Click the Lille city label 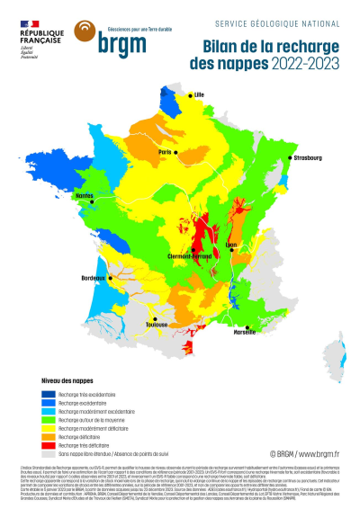(x=199, y=93)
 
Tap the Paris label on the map (x=166, y=152)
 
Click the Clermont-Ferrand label (x=193, y=256)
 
